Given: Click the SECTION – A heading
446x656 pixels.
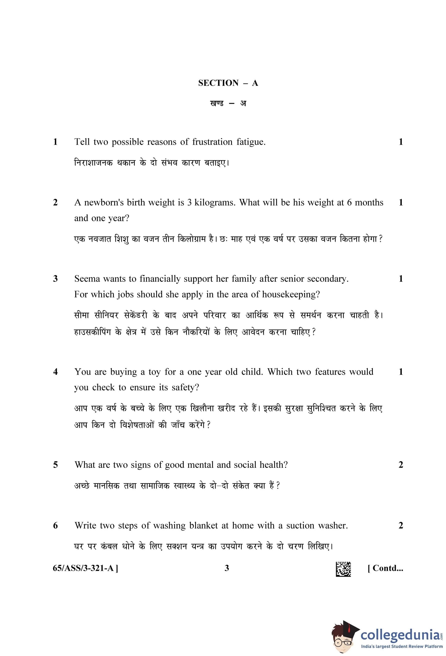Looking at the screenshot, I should [x=228, y=83].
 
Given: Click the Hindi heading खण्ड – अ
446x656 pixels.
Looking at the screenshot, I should [x=228, y=104].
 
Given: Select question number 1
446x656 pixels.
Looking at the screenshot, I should [x=55, y=142].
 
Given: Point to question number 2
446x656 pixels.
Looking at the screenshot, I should [x=55, y=203].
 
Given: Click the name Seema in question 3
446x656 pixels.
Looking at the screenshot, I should [x=86, y=279].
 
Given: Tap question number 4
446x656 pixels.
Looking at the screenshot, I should [x=55, y=372].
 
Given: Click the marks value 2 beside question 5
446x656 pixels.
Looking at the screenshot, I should [x=401, y=465].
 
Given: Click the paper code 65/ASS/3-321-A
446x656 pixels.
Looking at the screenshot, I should [x=85, y=568].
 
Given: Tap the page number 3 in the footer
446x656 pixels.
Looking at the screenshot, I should [x=227, y=568].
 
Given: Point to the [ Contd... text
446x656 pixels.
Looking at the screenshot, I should [x=385, y=568].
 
